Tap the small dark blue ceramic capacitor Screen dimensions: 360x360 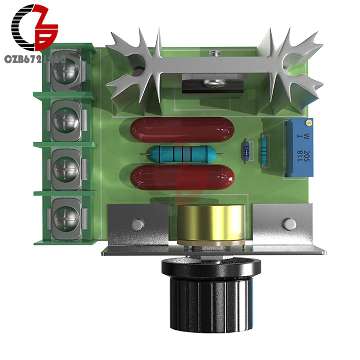tap(246, 151)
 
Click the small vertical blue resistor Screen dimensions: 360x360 tap(264, 150)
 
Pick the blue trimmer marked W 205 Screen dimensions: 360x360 tap(299, 148)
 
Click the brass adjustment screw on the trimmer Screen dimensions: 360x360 tap(308, 124)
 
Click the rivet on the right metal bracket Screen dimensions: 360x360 tap(289, 224)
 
